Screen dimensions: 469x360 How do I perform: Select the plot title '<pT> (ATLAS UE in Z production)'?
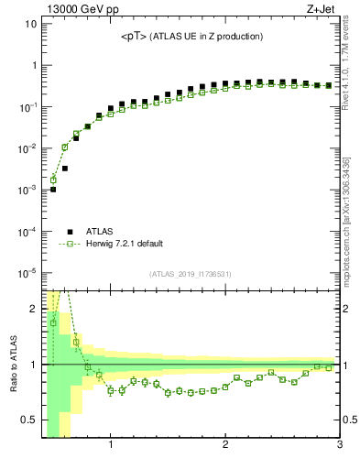point(192,37)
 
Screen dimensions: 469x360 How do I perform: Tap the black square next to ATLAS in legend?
point(70,232)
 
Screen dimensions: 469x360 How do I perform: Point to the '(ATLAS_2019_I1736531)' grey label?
point(191,274)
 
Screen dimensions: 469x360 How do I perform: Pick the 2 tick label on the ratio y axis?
point(32,309)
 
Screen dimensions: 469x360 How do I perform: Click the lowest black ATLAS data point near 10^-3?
point(53,190)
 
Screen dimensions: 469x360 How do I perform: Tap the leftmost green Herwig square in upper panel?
point(53,180)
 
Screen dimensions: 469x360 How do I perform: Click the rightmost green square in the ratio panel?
point(329,367)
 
